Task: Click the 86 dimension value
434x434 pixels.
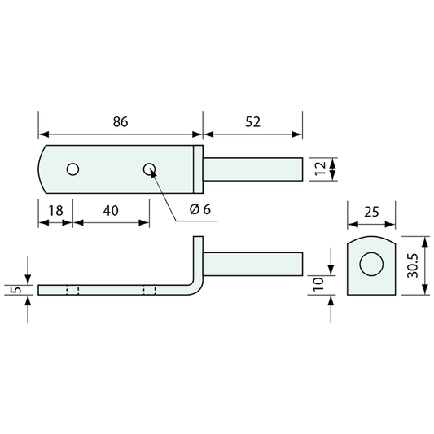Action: click(121, 122)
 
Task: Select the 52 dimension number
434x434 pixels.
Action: click(252, 122)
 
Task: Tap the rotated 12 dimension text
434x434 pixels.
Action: click(321, 169)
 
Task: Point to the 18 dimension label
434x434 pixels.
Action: click(56, 211)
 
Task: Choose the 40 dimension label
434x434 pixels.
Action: click(111, 211)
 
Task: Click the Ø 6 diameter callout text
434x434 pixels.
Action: click(199, 209)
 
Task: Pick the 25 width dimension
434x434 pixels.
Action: click(371, 212)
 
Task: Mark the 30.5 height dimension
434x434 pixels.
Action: click(412, 265)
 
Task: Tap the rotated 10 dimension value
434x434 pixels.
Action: click(318, 283)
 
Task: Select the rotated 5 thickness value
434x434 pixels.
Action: click(17, 290)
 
